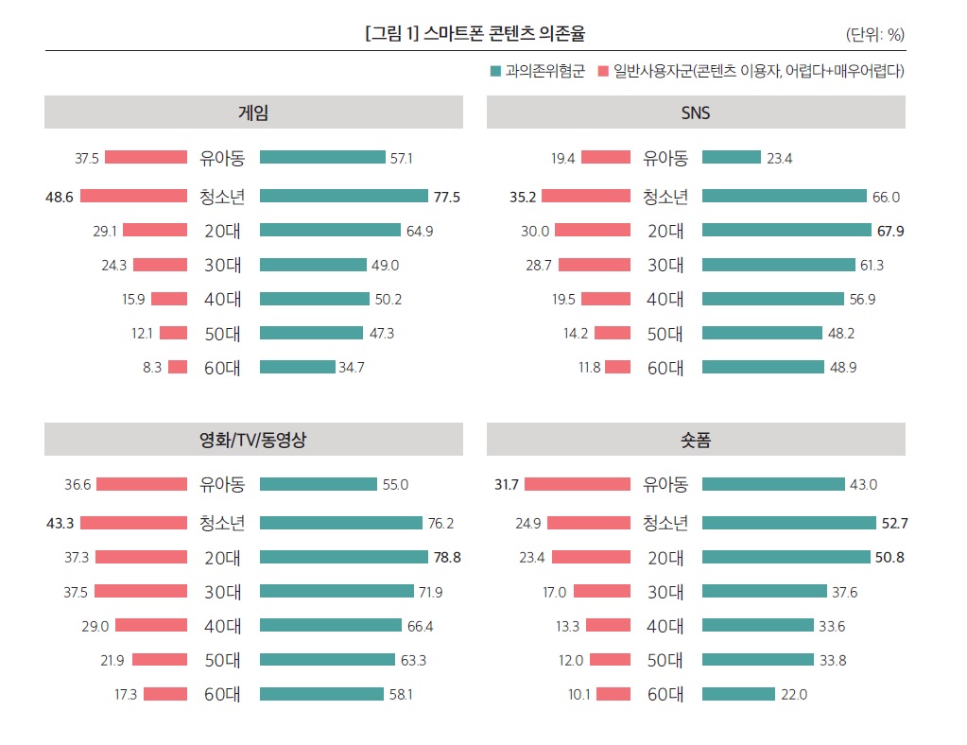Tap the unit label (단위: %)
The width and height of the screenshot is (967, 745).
pos(875,35)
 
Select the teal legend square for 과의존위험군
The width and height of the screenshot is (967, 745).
pos(494,71)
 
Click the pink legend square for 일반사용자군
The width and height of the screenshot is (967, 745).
pos(602,71)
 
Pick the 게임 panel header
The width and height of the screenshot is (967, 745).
pos(253,113)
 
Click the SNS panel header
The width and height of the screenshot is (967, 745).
pos(696,113)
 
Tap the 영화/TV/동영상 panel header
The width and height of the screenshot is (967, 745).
pos(253,440)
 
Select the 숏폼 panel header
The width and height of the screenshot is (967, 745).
pos(696,440)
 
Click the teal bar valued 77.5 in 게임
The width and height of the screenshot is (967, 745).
pos(344,196)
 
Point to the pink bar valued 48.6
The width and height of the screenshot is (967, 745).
pos(133,196)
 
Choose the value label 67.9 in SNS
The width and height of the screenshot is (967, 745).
pos(889,230)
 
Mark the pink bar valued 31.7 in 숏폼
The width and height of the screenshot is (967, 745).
pos(578,484)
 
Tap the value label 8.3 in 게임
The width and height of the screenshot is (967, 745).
pos(152,367)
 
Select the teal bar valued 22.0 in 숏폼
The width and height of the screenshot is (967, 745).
pos(738,694)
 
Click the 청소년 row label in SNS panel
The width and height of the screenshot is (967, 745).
pos(665,197)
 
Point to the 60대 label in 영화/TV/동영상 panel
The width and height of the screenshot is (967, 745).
pos(223,694)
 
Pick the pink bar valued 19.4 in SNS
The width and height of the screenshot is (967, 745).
pos(606,158)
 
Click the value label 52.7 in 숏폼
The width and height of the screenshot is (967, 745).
pos(891,523)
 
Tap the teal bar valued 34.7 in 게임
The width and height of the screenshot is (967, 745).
pos(297,367)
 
